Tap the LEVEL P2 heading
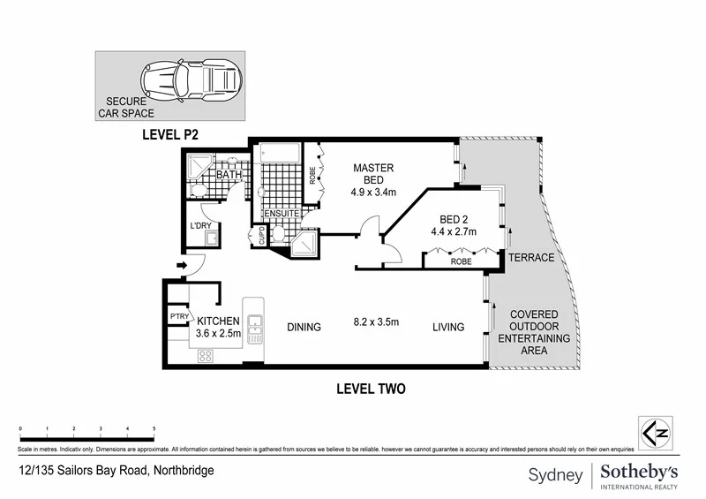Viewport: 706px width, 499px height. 171,135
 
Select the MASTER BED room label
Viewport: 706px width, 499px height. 373,175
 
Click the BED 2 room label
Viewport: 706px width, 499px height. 453,226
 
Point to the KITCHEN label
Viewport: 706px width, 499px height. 218,321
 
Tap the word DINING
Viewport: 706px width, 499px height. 304,328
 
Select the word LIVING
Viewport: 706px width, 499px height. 448,328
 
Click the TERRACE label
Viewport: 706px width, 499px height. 530,258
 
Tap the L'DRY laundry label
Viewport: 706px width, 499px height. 201,226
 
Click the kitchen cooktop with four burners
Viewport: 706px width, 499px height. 206,355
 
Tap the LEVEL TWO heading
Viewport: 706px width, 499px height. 371,389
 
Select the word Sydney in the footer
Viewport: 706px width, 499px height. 555,475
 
